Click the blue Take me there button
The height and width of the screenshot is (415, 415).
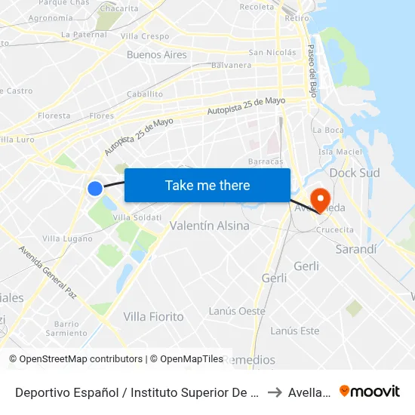click(x=207, y=185)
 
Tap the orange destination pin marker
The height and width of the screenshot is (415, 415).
click(x=321, y=199)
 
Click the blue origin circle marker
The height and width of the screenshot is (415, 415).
click(x=95, y=188)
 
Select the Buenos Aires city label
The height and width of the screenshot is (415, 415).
click(x=156, y=54)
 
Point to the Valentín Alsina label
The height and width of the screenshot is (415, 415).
click(x=210, y=226)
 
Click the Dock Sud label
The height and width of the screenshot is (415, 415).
click(x=355, y=173)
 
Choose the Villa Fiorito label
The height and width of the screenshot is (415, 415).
click(x=153, y=317)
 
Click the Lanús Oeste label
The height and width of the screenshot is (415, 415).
click(x=237, y=311)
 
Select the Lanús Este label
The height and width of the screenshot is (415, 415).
click(x=294, y=330)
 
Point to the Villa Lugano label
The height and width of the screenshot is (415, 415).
click(x=67, y=238)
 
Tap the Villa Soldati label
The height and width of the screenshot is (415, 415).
click(x=137, y=217)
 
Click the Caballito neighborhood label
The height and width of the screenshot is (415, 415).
click(x=145, y=94)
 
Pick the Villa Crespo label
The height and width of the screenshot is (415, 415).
click(x=145, y=35)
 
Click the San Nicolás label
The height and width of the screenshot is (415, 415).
click(x=272, y=53)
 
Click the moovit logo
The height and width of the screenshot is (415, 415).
click(x=369, y=391)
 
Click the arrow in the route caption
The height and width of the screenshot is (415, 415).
click(x=274, y=392)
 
